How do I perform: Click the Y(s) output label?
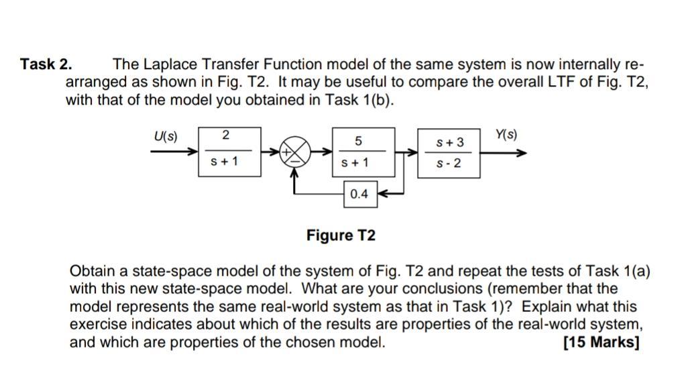506,135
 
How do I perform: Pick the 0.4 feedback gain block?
359,194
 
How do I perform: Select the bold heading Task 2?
46,65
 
